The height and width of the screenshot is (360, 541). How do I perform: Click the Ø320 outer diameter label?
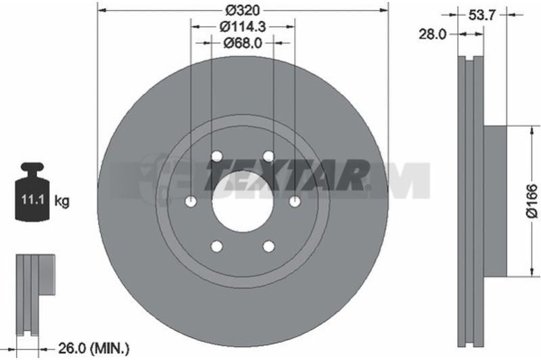[242, 10]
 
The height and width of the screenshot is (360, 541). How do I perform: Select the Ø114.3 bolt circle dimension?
[244, 26]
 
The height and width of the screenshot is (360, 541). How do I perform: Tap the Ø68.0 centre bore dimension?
[243, 43]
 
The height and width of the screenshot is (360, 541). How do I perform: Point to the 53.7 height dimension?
[482, 15]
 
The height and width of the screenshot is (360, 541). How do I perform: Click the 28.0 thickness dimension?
[432, 34]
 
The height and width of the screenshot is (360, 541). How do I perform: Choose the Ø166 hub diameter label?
[532, 201]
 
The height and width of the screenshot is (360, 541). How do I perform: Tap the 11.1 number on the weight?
[32, 200]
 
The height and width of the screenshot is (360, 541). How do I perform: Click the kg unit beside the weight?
[62, 200]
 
